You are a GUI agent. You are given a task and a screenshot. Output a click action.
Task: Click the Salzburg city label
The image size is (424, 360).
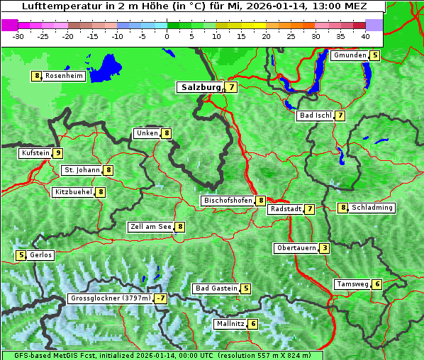pos(201,87)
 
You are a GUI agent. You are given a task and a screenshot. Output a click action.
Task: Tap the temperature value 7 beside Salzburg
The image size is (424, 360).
pos(233,87)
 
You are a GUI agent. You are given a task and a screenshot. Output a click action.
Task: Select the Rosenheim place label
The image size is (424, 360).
pos(64,76)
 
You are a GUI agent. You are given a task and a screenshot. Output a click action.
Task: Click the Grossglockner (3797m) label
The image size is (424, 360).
pos(111,298)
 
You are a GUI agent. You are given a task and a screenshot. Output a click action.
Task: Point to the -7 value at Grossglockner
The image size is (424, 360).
pos(161,298)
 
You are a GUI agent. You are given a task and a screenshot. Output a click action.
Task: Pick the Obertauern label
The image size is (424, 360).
pos(296,248)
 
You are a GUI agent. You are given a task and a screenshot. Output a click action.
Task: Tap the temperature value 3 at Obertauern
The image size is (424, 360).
pos(324,248)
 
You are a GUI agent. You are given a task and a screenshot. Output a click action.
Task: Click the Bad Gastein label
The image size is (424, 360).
pos(217,288)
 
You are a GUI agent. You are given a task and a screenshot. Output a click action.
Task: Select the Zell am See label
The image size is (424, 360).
pos(151,227)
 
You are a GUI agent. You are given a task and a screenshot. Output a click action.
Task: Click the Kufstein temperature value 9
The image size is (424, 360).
pos(58,153)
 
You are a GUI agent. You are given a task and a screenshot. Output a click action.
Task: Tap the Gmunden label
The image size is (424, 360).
pos(350,55)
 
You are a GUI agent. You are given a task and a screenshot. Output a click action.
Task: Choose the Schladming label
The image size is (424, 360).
pos(372,208)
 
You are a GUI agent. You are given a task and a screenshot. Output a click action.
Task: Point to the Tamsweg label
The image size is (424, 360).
pos(352,284)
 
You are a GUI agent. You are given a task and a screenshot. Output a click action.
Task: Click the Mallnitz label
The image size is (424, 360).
pos(230,324)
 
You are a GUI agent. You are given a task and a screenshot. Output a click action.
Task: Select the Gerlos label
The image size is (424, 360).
pos(41,255)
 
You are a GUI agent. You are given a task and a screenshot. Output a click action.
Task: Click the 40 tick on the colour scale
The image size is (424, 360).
pos(365,36)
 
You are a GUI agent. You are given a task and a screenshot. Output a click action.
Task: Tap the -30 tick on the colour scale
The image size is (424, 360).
pos(18,36)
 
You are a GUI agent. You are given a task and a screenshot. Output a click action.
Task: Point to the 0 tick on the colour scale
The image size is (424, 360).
pos(167,36)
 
